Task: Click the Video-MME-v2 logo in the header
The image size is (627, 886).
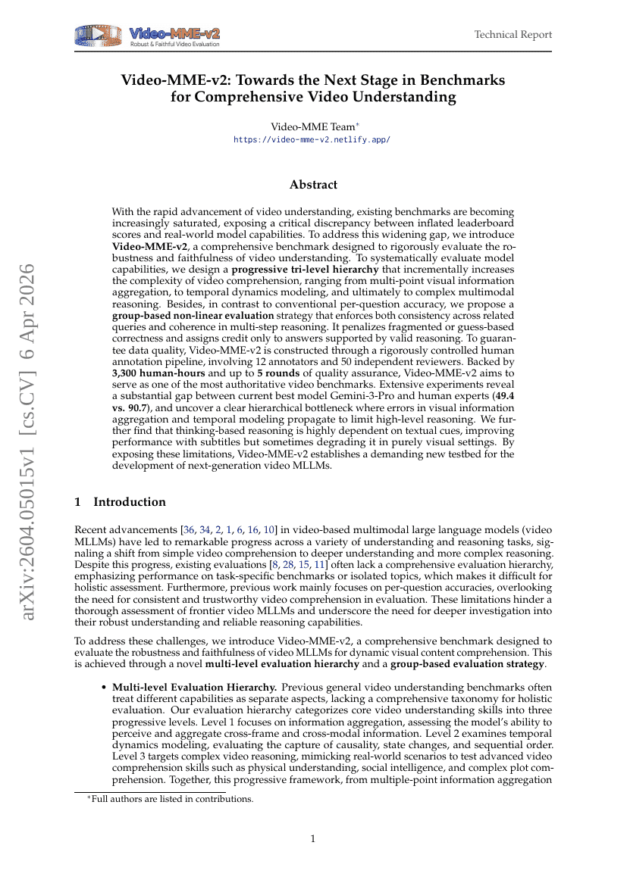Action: [x=148, y=36]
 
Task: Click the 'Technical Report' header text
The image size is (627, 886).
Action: [x=513, y=35]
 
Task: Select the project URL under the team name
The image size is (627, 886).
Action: [x=312, y=140]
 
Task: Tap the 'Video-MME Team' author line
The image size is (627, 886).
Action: [x=312, y=127]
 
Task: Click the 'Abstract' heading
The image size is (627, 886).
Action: [x=313, y=185]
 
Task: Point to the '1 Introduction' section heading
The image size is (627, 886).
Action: [x=120, y=502]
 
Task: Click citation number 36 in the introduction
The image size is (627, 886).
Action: [x=189, y=530]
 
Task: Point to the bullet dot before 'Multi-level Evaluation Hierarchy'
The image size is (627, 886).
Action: [x=104, y=687]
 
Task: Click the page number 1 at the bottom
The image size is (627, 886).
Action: [x=313, y=838]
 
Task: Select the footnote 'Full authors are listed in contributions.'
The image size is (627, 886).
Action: [x=172, y=798]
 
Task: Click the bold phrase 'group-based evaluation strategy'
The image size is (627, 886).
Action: [x=466, y=664]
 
